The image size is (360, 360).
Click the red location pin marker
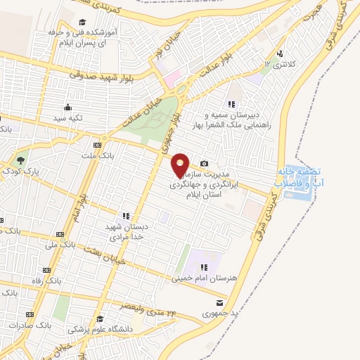click(x=181, y=165)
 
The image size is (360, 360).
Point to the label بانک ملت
click(x=96, y=154)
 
